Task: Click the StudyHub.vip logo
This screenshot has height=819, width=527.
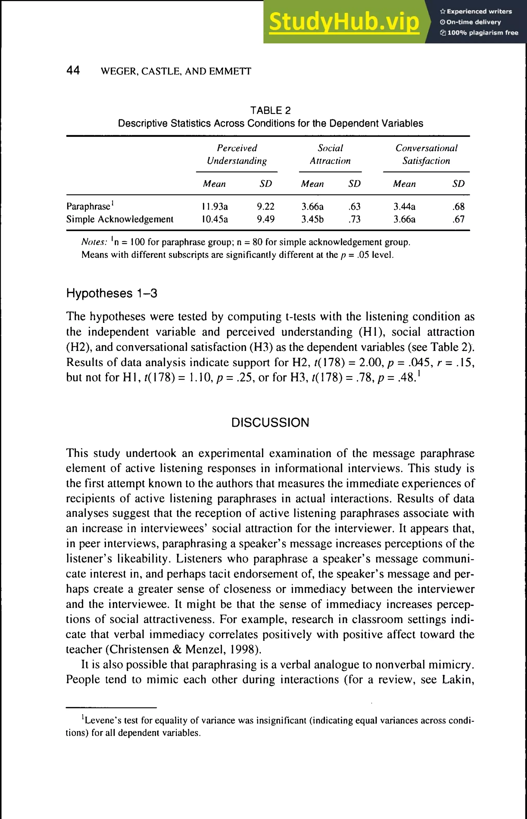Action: click(x=344, y=22)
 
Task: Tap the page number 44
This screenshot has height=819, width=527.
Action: click(x=73, y=70)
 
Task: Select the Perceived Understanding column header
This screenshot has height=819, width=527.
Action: click(x=236, y=154)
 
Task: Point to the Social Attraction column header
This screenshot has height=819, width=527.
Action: click(x=330, y=154)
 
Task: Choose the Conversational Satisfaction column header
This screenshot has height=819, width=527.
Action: click(x=426, y=154)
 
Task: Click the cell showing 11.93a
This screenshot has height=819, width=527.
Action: click(x=215, y=207)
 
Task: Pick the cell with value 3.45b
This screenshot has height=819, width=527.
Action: click(x=312, y=219)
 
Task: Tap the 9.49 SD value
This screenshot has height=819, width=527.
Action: click(x=266, y=219)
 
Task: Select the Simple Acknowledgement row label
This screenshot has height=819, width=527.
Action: click(x=120, y=219)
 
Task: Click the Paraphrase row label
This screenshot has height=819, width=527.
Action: click(x=88, y=207)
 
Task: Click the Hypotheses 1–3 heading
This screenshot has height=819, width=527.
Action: click(x=112, y=293)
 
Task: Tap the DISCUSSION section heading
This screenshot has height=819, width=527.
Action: click(x=270, y=423)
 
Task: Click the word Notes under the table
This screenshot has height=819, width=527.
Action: click(x=94, y=242)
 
